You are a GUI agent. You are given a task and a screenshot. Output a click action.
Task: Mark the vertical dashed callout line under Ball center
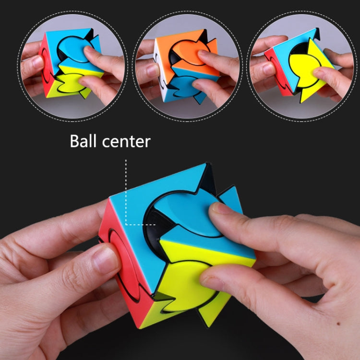(x=125, y=192)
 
